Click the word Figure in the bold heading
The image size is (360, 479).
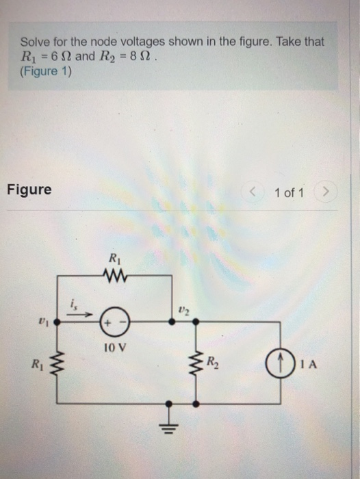29,189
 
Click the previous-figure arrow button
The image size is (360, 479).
258,192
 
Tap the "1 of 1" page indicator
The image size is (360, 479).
290,193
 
